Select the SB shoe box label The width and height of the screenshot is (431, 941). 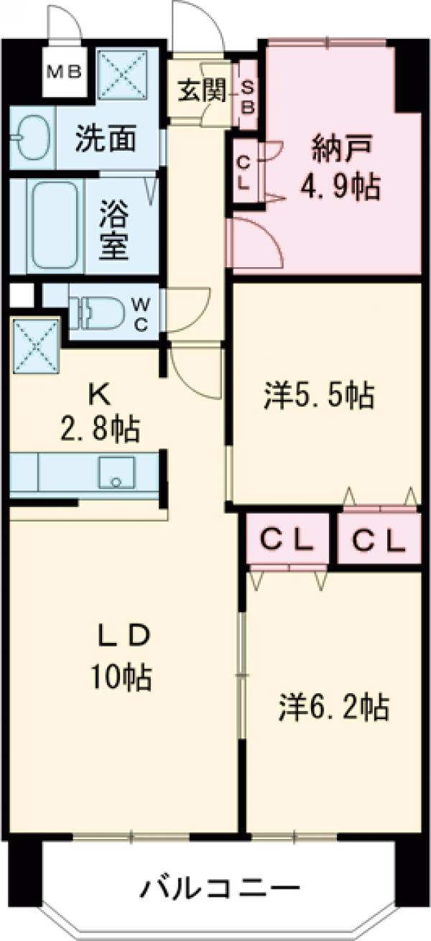click(x=247, y=95)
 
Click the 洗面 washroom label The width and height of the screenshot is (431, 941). click(x=105, y=139)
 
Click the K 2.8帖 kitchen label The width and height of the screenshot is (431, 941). click(x=101, y=414)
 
